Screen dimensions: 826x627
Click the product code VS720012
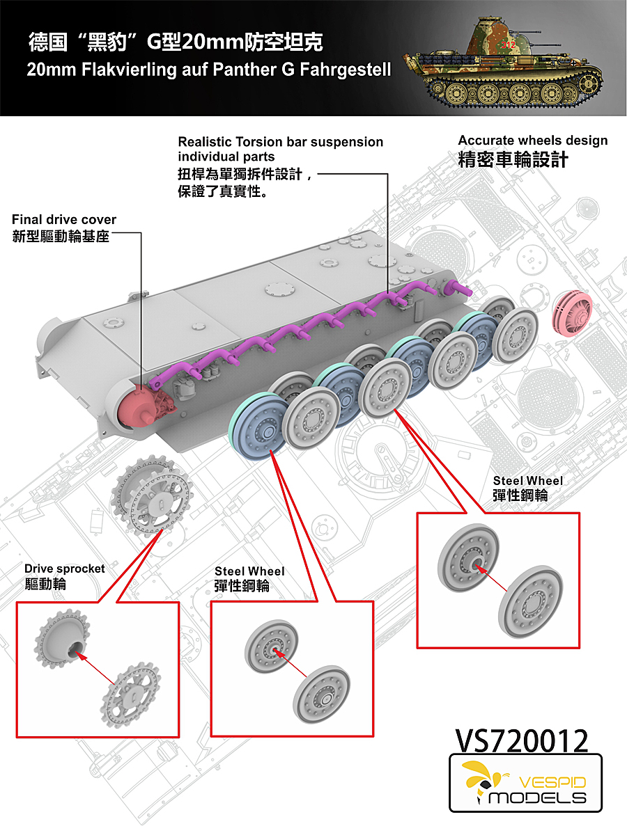tap(521, 742)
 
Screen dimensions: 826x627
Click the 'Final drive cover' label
tap(64, 220)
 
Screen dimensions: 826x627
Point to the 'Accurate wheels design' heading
tap(532, 141)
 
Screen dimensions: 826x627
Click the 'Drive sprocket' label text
tap(65, 569)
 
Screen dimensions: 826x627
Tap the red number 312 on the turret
tap(509, 44)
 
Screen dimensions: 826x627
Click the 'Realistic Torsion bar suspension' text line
tap(280, 142)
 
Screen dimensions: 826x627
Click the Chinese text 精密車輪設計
tap(513, 160)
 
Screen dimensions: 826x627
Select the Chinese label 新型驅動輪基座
tap(61, 237)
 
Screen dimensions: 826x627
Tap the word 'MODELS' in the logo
tap(537, 797)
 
